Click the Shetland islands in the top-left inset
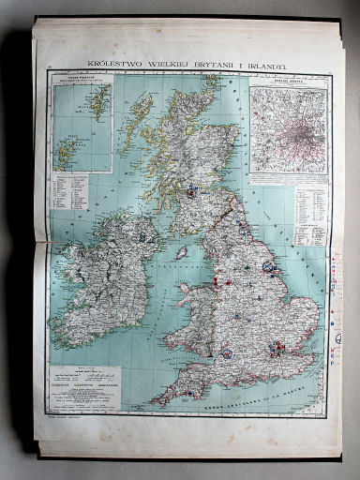coord(97,101)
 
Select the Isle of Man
coord(182,252)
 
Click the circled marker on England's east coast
coord(268,267)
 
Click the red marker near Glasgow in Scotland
coord(192,190)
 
